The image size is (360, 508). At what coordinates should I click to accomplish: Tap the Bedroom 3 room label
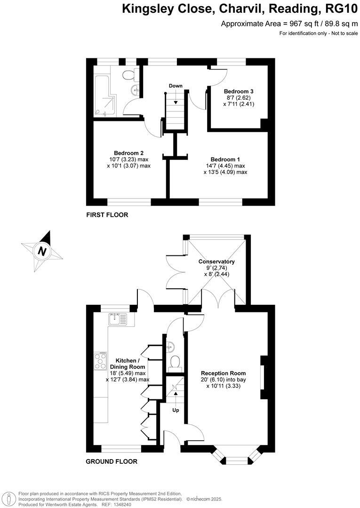click(239, 91)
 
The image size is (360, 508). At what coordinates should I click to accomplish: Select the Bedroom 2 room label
click(128, 153)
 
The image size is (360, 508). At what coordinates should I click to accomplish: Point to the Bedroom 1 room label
click(225, 159)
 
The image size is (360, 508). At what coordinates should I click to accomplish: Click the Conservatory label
click(216, 262)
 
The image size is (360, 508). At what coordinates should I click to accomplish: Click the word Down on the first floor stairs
click(176, 86)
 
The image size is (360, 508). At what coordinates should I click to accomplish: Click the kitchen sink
click(115, 320)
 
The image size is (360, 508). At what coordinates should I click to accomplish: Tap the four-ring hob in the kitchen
click(100, 361)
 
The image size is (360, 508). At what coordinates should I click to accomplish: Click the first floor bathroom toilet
click(130, 75)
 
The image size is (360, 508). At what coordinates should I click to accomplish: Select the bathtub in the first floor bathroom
click(102, 93)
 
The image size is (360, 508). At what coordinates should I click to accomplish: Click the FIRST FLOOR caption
click(107, 215)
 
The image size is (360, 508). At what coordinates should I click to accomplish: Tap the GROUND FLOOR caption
click(112, 461)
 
